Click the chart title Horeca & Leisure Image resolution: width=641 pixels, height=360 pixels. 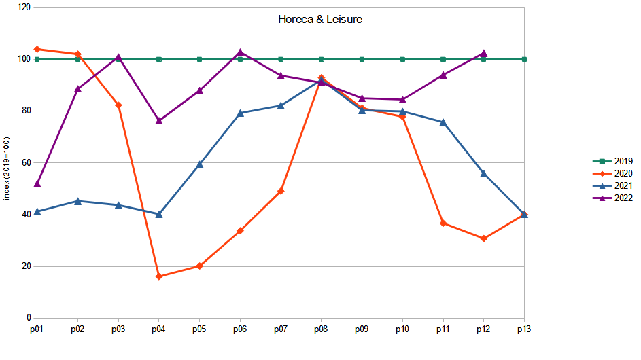click(x=320, y=20)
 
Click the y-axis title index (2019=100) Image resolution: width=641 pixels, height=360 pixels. click(x=7, y=168)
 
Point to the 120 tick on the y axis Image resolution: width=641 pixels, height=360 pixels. click(x=24, y=7)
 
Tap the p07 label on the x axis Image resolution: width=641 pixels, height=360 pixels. click(x=280, y=329)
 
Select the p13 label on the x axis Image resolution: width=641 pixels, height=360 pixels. click(x=524, y=329)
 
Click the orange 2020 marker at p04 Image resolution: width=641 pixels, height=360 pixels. click(x=159, y=276)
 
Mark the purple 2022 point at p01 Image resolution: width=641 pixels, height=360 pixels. click(x=37, y=184)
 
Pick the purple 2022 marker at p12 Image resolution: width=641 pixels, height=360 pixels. click(x=484, y=53)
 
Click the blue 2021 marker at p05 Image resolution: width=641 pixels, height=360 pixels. click(x=199, y=164)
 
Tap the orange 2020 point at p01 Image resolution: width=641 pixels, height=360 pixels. click(x=37, y=49)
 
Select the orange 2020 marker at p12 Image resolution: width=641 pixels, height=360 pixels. click(x=484, y=238)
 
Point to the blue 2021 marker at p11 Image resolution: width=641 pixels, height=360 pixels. click(x=443, y=122)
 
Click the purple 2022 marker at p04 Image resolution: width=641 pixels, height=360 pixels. click(x=159, y=121)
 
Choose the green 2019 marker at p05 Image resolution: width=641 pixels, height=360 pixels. click(x=199, y=59)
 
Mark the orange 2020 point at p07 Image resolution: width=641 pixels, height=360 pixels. click(x=281, y=191)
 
